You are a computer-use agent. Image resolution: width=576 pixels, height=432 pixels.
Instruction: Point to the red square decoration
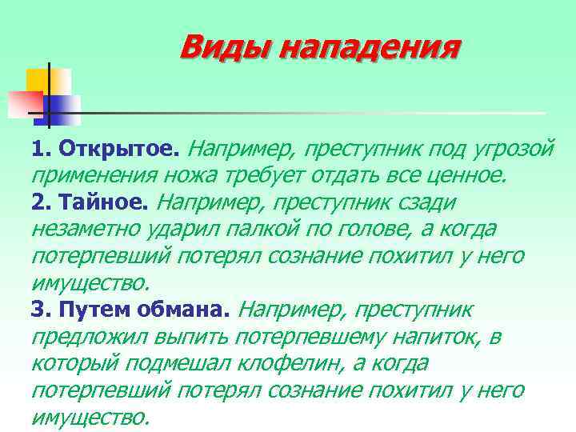[x=23, y=102]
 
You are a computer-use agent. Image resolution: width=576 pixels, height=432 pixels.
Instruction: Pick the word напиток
[x=433, y=337]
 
